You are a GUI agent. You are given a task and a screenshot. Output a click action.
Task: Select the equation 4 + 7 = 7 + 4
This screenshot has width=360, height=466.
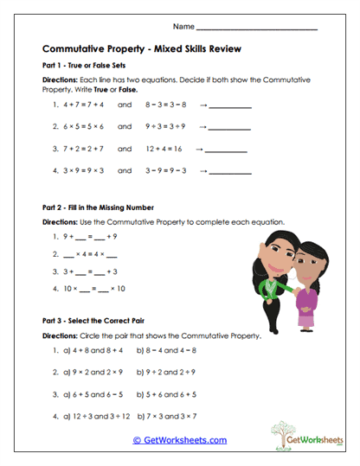tap(78, 105)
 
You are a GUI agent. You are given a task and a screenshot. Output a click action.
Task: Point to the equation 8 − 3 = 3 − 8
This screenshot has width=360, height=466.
tap(167, 105)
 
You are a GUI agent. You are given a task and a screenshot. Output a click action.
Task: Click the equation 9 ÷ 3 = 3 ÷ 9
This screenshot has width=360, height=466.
tap(167, 127)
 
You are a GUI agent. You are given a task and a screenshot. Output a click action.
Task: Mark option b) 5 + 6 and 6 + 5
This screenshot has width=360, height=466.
tap(170, 393)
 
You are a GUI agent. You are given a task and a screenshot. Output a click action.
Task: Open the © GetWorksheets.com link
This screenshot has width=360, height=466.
tap(179, 440)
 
